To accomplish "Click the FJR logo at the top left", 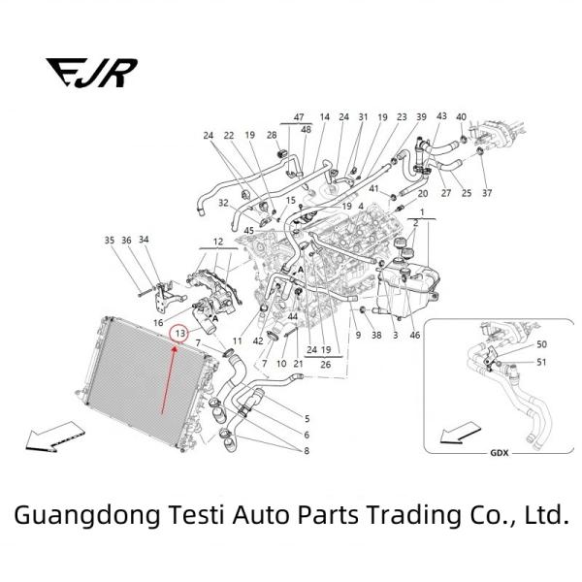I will [91, 72].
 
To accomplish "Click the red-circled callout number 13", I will [179, 334].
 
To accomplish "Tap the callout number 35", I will [109, 240].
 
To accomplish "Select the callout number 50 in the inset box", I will [541, 344].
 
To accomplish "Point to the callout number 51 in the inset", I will [541, 363].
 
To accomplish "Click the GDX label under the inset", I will [499, 453].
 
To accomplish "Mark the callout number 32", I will [223, 204].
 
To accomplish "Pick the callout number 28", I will [272, 136].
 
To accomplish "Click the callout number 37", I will [486, 193].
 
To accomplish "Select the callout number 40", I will [461, 117].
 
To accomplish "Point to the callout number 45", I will [249, 230].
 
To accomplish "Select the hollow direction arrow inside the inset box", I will [459, 430].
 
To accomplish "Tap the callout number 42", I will [258, 341].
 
